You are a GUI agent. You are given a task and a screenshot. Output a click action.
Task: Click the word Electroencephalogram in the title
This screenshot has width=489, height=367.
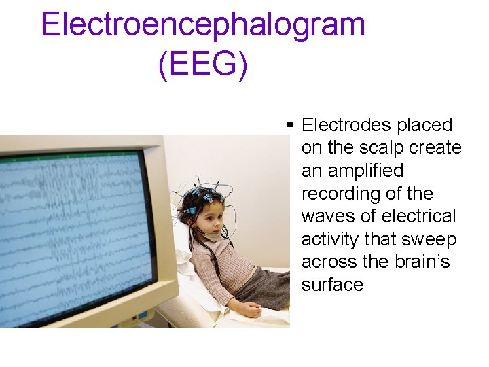[x=203, y=25]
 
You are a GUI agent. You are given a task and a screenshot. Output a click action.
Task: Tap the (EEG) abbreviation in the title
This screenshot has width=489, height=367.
[x=203, y=65]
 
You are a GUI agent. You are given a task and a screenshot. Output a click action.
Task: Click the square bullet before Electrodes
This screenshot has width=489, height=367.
[x=290, y=125]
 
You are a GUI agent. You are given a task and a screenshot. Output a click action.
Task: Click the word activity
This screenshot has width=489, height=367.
[x=330, y=239]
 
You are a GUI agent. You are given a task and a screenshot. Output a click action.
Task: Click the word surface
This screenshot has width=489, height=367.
[x=332, y=285]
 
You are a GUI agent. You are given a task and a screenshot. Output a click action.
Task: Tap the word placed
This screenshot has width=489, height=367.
[x=427, y=125]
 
